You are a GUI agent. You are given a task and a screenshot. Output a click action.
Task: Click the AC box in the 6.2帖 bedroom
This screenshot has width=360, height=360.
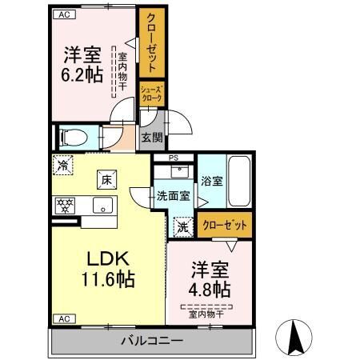tap(65, 14)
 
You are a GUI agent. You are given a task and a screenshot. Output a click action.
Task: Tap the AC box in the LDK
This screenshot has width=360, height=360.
tap(65, 319)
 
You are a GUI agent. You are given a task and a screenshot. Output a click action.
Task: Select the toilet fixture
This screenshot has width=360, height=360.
tap(74, 138)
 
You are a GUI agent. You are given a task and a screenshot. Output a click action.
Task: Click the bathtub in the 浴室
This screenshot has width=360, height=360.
tap(240, 181)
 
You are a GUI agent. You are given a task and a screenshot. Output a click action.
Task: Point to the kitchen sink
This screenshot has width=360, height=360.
tap(102, 205)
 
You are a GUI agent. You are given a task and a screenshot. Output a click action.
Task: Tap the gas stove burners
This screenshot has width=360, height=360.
tap(65, 206)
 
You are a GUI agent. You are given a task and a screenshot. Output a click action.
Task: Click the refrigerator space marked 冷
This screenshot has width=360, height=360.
tap(63, 165)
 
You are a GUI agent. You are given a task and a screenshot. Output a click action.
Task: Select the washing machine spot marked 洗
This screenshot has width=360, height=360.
tap(183, 227)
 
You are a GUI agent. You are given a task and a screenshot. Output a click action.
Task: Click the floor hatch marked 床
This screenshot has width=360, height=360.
tap(106, 180)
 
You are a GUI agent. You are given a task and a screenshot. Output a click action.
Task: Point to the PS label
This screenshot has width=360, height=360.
tap(174, 158)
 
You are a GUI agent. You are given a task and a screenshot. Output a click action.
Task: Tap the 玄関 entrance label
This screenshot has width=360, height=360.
tap(152, 138)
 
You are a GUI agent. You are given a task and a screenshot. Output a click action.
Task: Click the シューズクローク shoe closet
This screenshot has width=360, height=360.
tap(152, 94)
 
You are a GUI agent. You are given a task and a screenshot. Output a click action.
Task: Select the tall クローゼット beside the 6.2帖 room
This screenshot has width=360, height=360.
tap(152, 42)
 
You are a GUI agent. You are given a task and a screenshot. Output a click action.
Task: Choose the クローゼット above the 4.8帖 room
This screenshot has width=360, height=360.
tap(225, 225)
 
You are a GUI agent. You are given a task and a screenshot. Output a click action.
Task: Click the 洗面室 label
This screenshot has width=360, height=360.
tap(174, 196)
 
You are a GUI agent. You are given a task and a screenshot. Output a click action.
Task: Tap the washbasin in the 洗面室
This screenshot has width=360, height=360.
tap(180, 171)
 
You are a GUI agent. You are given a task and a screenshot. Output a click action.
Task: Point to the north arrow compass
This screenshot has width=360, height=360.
tap(294, 337)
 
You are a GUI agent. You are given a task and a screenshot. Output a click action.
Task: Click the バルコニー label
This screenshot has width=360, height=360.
tap(152, 341)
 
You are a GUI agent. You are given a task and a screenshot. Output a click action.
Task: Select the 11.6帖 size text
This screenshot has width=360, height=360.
tap(108, 279)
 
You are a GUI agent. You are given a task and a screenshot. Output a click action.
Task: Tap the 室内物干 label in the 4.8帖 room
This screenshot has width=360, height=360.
tap(206, 314)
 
